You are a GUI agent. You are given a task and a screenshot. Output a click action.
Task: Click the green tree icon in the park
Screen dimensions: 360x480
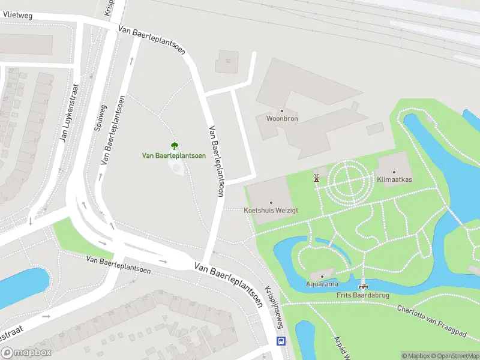click(x=174, y=145)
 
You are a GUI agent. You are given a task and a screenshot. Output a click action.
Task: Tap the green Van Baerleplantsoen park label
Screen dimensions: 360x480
click(x=174, y=155)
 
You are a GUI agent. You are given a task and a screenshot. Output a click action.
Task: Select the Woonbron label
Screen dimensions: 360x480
click(x=281, y=119)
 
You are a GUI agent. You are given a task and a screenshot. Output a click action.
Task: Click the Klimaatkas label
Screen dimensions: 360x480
click(x=394, y=179)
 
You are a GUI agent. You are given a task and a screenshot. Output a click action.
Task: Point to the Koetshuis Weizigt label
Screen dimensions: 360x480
click(x=271, y=211)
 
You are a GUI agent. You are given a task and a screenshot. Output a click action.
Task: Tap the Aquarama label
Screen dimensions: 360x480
click(x=322, y=284)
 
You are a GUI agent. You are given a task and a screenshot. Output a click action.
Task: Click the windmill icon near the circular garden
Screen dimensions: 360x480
click(x=316, y=177)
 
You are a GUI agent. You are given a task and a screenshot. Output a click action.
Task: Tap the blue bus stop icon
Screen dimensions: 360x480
click(x=280, y=341)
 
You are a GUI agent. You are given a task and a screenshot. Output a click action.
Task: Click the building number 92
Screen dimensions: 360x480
click(x=227, y=61)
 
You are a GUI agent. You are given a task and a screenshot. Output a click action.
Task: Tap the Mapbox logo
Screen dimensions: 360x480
click(x=26, y=353)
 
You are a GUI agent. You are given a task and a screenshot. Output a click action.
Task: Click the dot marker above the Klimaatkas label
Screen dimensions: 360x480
click(x=394, y=172)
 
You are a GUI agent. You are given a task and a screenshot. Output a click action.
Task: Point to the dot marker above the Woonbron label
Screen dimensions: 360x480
click(x=281, y=111)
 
